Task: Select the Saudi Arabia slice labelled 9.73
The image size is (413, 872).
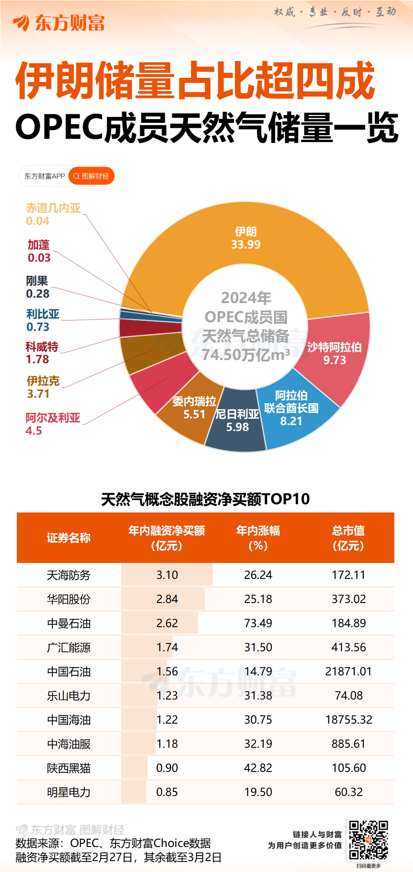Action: tap(335, 354)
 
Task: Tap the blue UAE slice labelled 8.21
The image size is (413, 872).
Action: tap(291, 408)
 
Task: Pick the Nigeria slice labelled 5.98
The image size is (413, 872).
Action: tap(237, 421)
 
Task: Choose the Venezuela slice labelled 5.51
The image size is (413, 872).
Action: tap(194, 408)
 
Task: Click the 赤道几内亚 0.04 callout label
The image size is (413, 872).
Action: tap(53, 214)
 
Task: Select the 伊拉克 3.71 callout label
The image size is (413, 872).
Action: tap(43, 387)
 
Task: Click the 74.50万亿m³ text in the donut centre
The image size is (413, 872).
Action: tap(246, 355)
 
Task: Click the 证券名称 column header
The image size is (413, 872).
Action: tap(69, 538)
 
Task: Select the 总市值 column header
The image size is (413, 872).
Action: tap(348, 538)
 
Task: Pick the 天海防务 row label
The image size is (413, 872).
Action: tap(69, 575)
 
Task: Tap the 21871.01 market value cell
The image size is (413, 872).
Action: tap(348, 672)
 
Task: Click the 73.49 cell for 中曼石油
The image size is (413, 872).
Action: tap(258, 624)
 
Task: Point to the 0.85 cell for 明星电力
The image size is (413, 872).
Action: tap(167, 792)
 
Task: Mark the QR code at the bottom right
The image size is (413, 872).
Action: tap(368, 840)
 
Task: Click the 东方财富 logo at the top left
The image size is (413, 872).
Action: tap(59, 23)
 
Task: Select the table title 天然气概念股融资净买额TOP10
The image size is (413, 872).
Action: tap(205, 499)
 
